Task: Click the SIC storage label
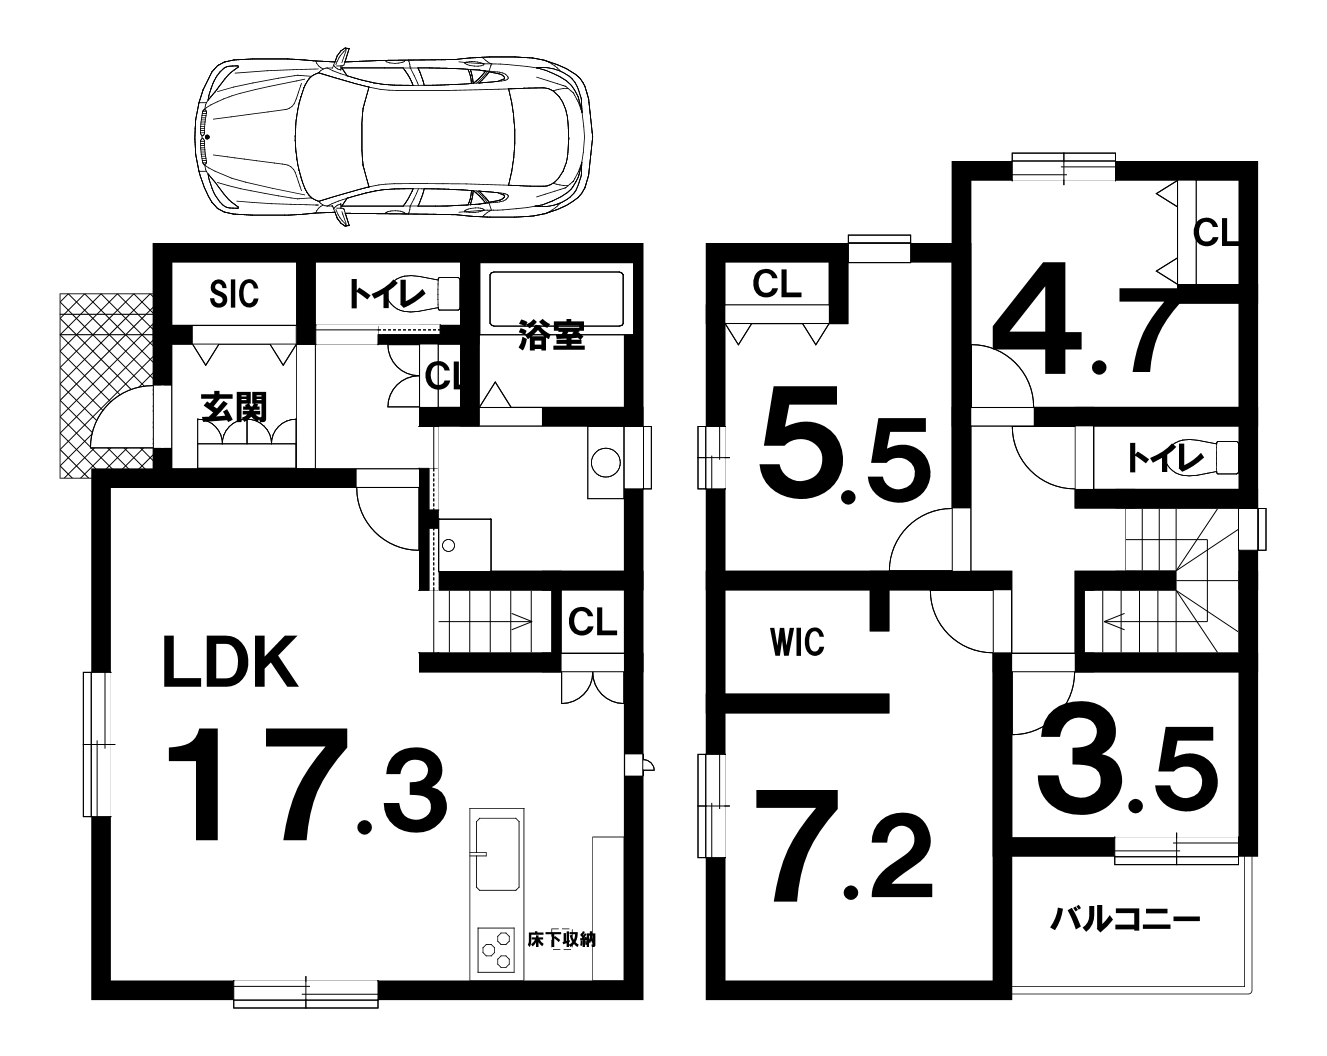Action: pos(234,294)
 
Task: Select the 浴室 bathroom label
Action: pos(551,335)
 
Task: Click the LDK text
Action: pos(230,662)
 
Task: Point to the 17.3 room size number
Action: pos(306,784)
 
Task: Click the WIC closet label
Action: pos(797,642)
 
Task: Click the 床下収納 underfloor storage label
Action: pos(561,939)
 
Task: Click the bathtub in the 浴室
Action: pos(556,299)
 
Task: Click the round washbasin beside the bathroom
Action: pos(606,463)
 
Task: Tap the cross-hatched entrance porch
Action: pos(106,385)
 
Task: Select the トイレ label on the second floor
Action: pos(1164,458)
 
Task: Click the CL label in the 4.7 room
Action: pos(1215,233)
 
